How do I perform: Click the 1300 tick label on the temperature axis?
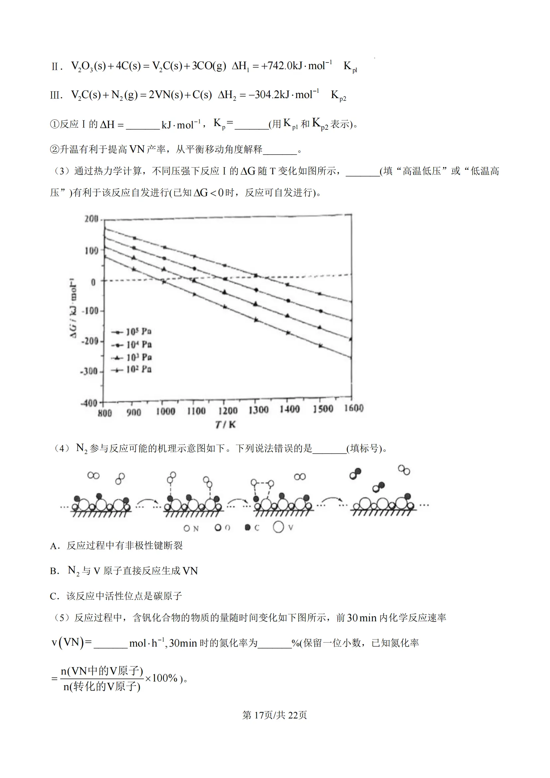coord(258,410)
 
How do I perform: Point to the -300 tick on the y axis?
coord(89,371)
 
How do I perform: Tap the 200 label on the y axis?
coord(91,219)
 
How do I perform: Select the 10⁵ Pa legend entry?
coord(132,332)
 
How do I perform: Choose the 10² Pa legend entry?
coord(132,369)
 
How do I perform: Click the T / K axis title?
coord(225,424)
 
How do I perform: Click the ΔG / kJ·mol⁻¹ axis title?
coord(73,308)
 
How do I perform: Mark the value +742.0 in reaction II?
coord(276,66)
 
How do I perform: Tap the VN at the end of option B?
coord(190,571)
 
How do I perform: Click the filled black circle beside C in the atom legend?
coord(248,527)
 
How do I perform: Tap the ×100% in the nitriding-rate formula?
coord(161,678)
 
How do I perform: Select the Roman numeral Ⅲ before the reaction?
coord(55,95)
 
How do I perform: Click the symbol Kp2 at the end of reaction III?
coord(338,95)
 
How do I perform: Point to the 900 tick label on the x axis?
coord(134,412)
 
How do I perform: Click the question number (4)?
coord(62,449)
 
